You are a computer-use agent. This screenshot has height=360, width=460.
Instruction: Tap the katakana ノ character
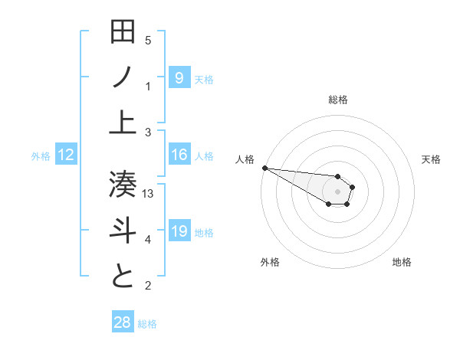click(123, 77)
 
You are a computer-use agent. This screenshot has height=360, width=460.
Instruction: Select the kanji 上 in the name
click(123, 122)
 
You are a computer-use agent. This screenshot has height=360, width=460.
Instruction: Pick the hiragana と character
click(123, 276)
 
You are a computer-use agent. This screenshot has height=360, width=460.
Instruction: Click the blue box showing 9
click(179, 77)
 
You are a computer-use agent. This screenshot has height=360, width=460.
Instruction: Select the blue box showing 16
click(179, 155)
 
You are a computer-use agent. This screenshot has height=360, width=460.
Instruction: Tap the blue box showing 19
click(179, 231)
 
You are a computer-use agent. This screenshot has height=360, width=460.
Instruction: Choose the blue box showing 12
click(66, 155)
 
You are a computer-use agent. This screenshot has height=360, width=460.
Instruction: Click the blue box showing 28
click(123, 322)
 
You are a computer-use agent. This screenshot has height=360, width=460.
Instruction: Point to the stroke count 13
click(149, 194)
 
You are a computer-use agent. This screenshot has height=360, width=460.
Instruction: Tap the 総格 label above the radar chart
click(337, 100)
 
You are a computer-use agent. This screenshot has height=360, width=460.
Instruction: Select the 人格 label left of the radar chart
click(245, 159)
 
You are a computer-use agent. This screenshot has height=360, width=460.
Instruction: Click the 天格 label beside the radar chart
click(431, 159)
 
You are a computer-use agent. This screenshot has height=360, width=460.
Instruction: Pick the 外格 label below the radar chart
click(270, 262)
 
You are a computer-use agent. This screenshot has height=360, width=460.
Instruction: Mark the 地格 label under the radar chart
click(402, 262)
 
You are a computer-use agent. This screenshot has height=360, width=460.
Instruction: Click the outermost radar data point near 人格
click(264, 168)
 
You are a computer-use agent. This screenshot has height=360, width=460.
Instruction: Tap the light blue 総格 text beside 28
click(147, 324)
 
